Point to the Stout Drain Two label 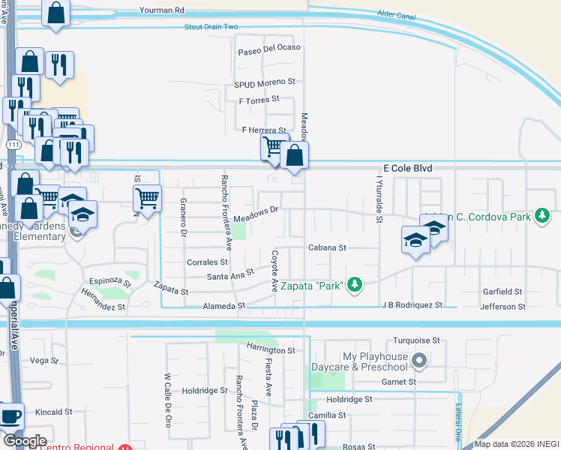click(211, 27)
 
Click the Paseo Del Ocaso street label click(268, 47)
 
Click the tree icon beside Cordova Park click(540, 217)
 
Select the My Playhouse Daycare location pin click(419, 361)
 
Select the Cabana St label click(327, 247)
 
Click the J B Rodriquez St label click(412, 306)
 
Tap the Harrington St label click(271, 350)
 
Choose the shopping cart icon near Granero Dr click(147, 199)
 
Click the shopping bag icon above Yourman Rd click(55, 12)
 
